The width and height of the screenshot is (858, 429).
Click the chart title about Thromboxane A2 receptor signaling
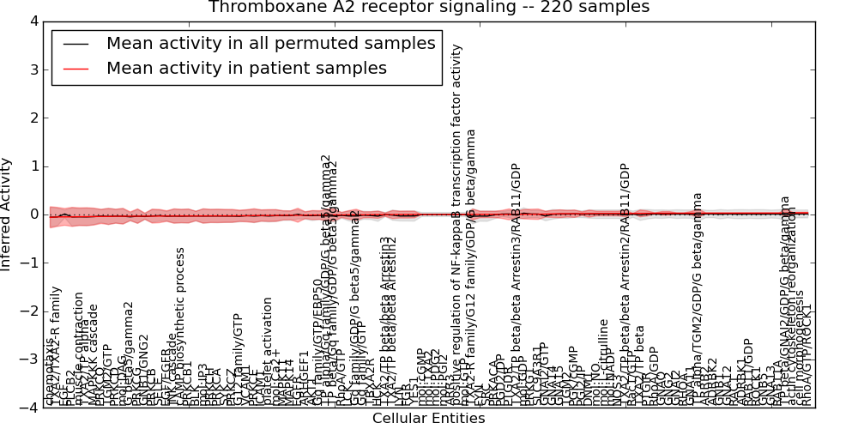[x=429, y=8]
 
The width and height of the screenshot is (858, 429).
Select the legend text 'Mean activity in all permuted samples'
[x=273, y=44]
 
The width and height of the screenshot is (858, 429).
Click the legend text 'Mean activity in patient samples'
[x=246, y=68]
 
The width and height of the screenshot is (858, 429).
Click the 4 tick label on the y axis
[x=32, y=21]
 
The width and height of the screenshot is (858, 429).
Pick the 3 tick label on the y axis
[x=32, y=69]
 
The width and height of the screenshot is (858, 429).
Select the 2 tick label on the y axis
[x=32, y=118]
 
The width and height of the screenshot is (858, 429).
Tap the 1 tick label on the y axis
[x=32, y=166]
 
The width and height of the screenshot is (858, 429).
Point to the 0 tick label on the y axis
[x=32, y=214]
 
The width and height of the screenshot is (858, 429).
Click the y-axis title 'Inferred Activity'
[x=8, y=214]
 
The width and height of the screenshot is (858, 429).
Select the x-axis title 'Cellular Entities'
[x=428, y=419]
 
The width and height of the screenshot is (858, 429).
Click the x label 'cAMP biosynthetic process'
[x=180, y=327]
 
